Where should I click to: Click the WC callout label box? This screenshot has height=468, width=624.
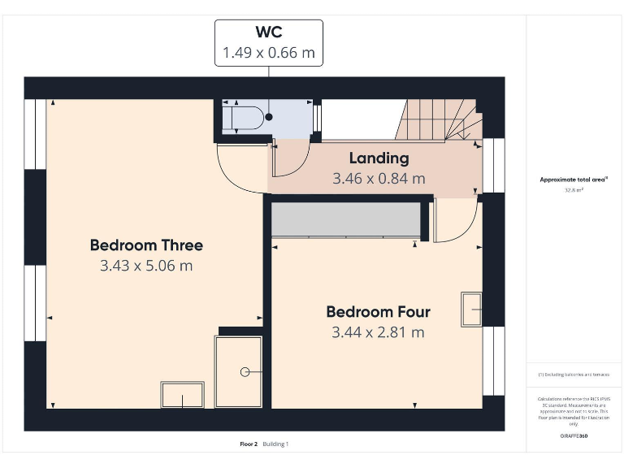268,43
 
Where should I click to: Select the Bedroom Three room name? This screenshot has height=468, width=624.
146,245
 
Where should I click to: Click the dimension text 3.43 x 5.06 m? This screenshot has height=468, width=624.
146,266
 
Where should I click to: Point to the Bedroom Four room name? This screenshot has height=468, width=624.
378,311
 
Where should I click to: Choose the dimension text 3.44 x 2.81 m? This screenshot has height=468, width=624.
378,332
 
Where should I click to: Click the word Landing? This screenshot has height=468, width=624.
379,158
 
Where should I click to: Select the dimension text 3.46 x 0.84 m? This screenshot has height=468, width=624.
379,178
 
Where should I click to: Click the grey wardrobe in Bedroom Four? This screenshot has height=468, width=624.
344,219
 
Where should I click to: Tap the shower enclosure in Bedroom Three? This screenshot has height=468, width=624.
238,370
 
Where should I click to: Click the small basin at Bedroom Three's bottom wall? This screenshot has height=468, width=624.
182,396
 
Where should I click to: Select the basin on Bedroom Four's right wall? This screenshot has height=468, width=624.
472,308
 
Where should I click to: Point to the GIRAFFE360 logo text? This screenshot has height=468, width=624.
574,436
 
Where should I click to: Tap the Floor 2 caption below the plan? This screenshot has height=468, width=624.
249,444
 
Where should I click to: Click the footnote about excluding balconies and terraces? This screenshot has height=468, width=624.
574,375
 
